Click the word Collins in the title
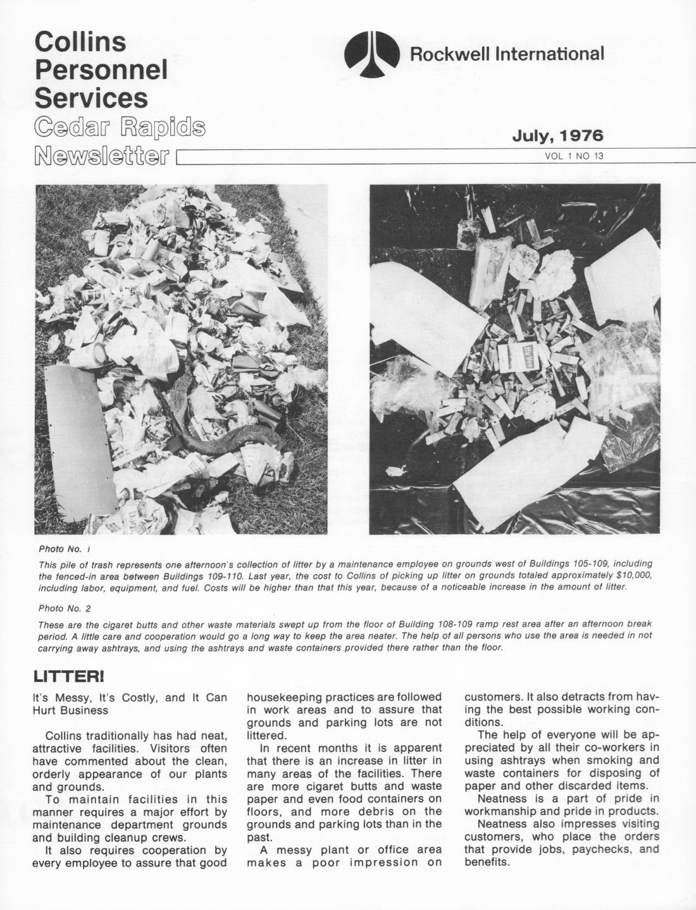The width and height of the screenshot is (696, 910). click(x=80, y=42)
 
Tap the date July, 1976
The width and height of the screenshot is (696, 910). click(x=557, y=135)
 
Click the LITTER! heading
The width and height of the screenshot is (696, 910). click(x=68, y=677)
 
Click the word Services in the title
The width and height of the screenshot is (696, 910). click(x=91, y=98)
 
